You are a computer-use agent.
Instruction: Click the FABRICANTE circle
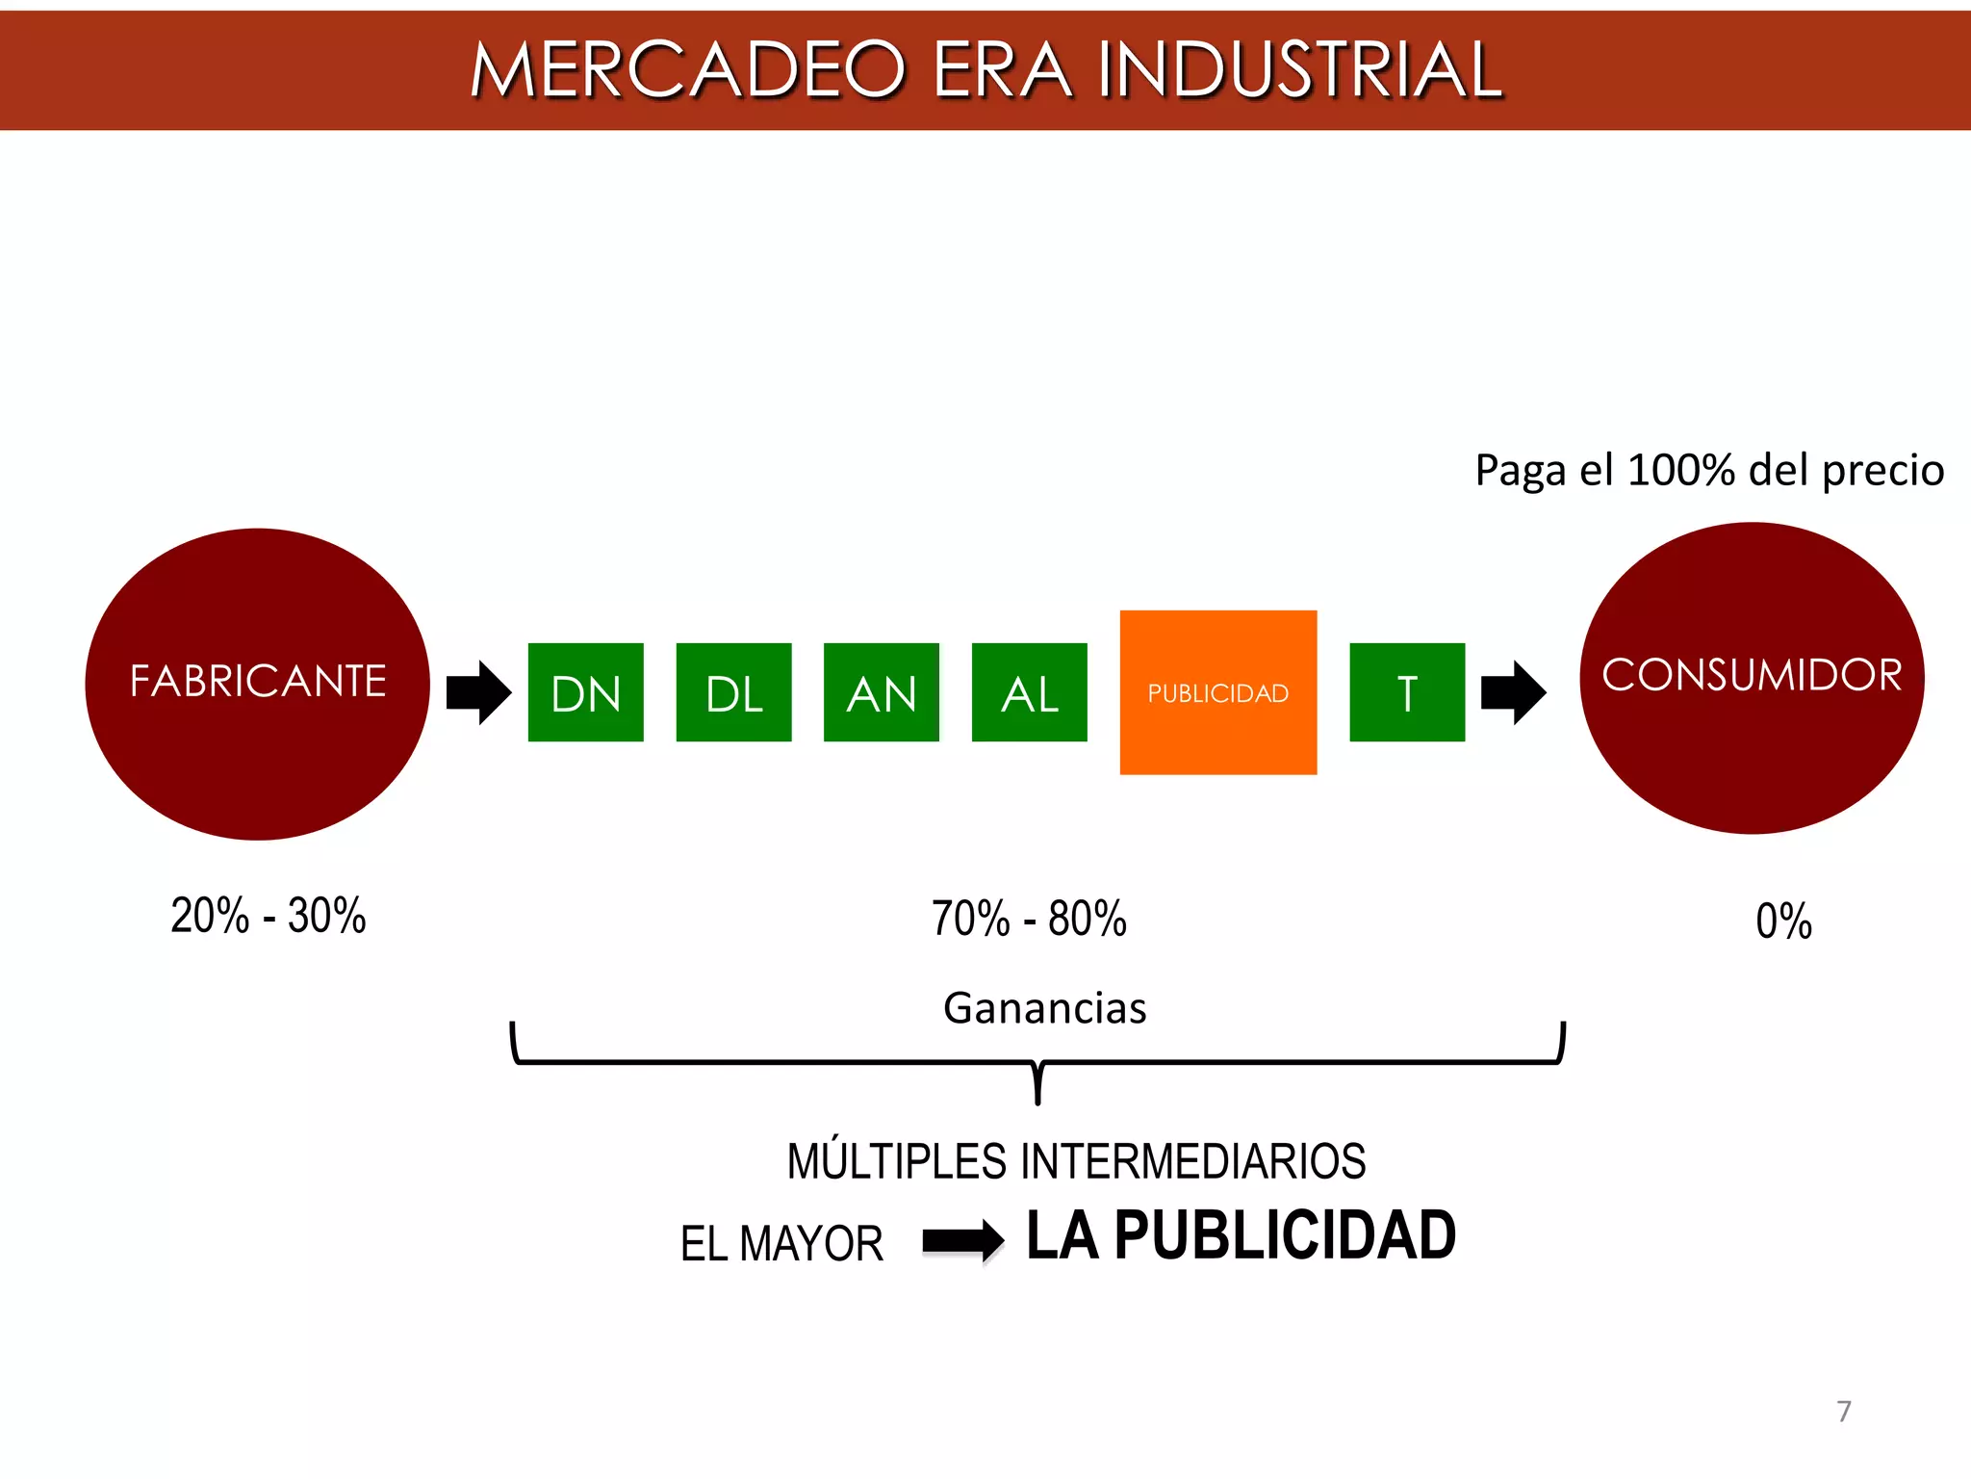click(x=258, y=684)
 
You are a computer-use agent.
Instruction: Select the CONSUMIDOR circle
click(x=1752, y=678)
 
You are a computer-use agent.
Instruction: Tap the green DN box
click(x=585, y=692)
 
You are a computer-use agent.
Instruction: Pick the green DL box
click(x=733, y=692)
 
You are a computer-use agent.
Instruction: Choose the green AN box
click(x=881, y=692)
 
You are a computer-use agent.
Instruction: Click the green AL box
click(x=1029, y=692)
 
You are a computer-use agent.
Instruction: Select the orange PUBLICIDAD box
click(x=1217, y=692)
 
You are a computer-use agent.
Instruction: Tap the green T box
click(x=1407, y=692)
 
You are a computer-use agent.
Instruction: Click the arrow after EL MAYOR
click(x=962, y=1240)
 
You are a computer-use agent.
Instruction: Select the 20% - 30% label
click(x=269, y=916)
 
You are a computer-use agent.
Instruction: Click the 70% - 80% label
click(x=1029, y=919)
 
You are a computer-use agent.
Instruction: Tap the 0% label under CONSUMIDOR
click(x=1783, y=921)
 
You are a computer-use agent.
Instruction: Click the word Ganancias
click(x=1045, y=1008)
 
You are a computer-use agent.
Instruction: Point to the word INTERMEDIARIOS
click(x=1192, y=1161)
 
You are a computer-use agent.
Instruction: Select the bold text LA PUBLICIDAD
click(x=1241, y=1235)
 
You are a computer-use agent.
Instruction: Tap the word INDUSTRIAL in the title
click(x=1299, y=70)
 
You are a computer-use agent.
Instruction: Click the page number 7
click(x=1843, y=1412)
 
